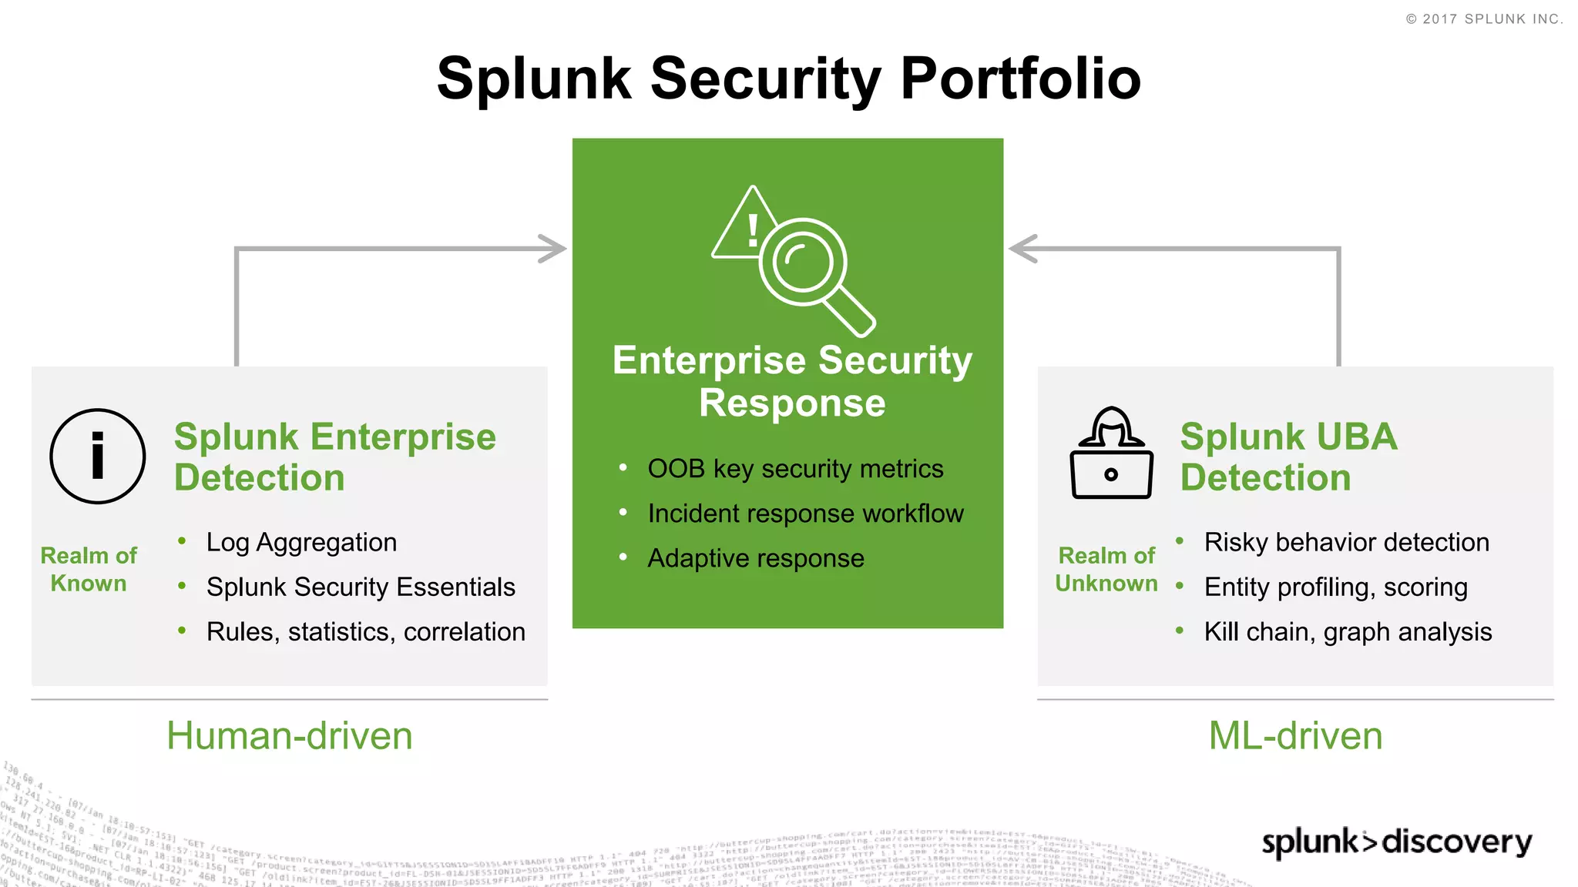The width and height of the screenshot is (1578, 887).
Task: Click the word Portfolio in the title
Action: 1020,79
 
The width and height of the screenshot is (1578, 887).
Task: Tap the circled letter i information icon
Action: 98,457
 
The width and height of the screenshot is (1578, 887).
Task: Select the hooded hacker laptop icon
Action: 1111,454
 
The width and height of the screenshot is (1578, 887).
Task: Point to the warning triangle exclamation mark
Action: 748,228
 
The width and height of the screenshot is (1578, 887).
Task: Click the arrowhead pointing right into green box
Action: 552,249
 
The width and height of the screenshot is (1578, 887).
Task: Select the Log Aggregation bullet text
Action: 301,542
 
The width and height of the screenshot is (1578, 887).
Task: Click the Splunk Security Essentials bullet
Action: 361,587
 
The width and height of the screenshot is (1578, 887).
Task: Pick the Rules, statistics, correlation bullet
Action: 365,631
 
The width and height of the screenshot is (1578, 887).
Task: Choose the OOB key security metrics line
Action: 795,468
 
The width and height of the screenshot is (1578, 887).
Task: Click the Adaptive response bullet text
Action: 756,557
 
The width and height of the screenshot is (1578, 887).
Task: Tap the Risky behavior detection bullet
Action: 1346,542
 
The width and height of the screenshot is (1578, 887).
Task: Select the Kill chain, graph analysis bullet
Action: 1348,631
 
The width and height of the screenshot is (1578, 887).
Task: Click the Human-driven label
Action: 290,735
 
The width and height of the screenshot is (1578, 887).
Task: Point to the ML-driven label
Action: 1295,735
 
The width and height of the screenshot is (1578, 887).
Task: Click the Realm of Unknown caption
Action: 1106,569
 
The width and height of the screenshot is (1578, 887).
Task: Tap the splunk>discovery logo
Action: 1396,842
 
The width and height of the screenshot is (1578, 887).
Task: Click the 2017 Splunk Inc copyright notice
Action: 1484,18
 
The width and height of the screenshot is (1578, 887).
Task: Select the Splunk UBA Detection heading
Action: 1288,457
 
